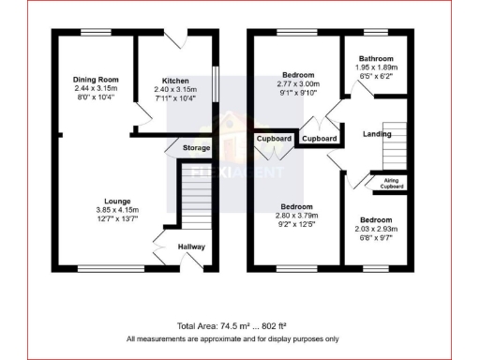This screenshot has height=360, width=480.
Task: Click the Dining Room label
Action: click(x=93, y=79)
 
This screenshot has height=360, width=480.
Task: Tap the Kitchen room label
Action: click(x=176, y=81)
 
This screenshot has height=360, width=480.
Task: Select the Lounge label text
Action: click(x=117, y=201)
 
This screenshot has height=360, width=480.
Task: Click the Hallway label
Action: click(x=192, y=247)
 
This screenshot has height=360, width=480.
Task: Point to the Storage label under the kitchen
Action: click(x=196, y=148)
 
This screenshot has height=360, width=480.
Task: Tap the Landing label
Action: click(x=377, y=135)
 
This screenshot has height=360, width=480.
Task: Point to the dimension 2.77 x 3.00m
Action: click(x=298, y=83)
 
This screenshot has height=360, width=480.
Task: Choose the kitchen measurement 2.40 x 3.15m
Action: click(x=176, y=90)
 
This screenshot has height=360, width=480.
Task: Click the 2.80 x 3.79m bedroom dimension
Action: click(x=299, y=215)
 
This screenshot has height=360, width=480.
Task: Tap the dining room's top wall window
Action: click(x=94, y=34)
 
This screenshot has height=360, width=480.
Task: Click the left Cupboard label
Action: click(x=274, y=139)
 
